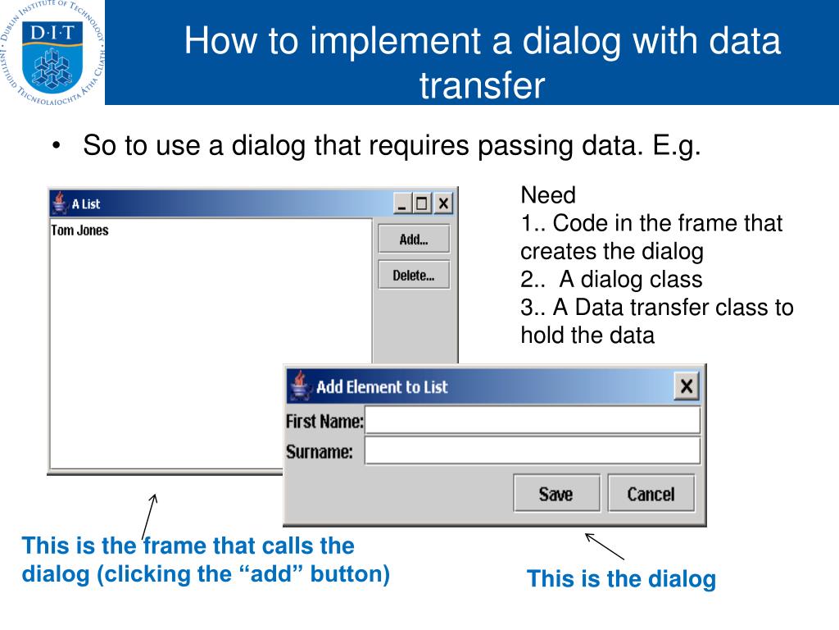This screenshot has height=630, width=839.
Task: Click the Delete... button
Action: (x=414, y=276)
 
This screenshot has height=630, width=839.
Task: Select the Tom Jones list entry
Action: (x=79, y=231)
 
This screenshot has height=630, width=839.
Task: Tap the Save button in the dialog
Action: (x=556, y=494)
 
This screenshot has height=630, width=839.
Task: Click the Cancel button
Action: (x=651, y=494)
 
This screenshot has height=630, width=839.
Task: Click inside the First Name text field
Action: (x=533, y=422)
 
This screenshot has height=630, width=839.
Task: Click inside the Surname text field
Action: (x=533, y=451)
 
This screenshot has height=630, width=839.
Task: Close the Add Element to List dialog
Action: (x=687, y=386)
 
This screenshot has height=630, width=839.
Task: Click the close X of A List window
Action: (x=443, y=203)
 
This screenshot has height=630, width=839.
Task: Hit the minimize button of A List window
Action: (x=402, y=203)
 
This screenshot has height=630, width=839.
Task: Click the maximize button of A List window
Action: (x=423, y=203)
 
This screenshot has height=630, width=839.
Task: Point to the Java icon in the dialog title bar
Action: (x=300, y=385)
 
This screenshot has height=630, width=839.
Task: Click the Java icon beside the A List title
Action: (x=59, y=203)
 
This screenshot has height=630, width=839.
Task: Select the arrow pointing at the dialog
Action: (x=605, y=546)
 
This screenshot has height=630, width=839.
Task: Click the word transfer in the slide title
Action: (x=482, y=85)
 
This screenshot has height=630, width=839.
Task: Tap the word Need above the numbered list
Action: (x=548, y=195)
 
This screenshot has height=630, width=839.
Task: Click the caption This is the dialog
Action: (x=621, y=579)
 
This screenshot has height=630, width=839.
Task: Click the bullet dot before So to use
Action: (x=56, y=147)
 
